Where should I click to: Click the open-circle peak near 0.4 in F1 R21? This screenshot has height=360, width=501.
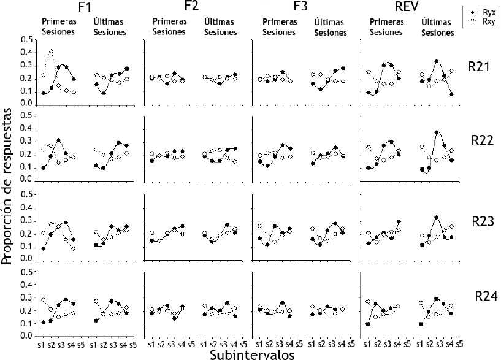coord(52,52)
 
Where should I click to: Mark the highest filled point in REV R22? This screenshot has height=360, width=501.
coord(437,132)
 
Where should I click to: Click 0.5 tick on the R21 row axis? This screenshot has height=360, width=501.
coord(26,40)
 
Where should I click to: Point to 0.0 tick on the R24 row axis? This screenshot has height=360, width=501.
coord(26,336)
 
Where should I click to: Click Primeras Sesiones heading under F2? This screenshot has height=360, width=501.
coord(167,26)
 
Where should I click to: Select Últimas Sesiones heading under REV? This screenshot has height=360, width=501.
coord(437,27)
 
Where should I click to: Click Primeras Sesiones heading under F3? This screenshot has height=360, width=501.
coord(280,26)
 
